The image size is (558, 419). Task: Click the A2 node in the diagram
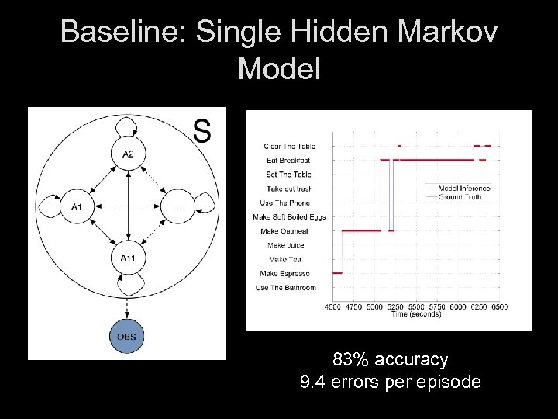pyautogui.click(x=128, y=154)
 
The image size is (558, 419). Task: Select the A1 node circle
pyautogui.click(x=76, y=206)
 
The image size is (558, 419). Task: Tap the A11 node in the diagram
pyautogui.click(x=128, y=258)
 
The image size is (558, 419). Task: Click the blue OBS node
pyautogui.click(x=127, y=336)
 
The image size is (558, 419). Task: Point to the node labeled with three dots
pyautogui.click(x=178, y=206)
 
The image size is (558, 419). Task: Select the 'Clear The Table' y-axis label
pyautogui.click(x=289, y=146)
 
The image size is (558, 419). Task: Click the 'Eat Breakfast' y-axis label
pyautogui.click(x=288, y=160)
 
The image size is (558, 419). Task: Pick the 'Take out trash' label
pyautogui.click(x=289, y=189)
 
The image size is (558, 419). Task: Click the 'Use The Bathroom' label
pyautogui.click(x=285, y=288)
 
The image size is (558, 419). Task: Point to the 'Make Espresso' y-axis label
pyautogui.click(x=284, y=274)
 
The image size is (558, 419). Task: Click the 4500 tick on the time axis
pyautogui.click(x=333, y=306)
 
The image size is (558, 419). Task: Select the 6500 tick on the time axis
pyautogui.click(x=499, y=306)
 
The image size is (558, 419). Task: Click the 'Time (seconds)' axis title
pyautogui.click(x=416, y=314)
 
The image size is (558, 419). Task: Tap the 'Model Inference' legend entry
pyautogui.click(x=463, y=189)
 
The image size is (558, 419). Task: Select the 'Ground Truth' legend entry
pyautogui.click(x=459, y=197)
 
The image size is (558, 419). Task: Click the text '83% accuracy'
pyautogui.click(x=390, y=359)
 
